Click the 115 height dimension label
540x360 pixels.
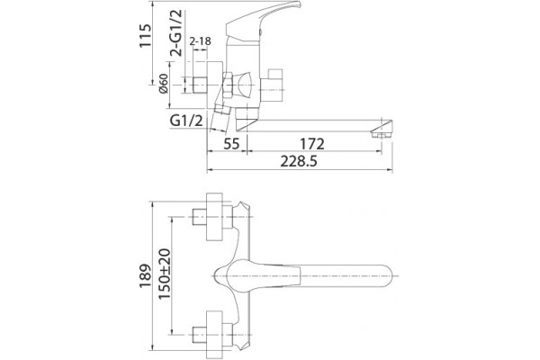pos(145,36)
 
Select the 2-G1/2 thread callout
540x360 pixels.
pos(176,33)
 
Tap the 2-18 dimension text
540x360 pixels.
pos(200,41)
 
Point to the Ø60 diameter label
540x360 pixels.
pos(163,84)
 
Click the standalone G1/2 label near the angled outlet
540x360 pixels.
pos(186,121)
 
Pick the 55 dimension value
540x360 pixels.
pos(231,144)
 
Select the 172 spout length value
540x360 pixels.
pos(312,144)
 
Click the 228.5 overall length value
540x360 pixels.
pos(299,161)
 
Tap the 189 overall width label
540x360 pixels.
pos(145,276)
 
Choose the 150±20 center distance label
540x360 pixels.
pos(165,274)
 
